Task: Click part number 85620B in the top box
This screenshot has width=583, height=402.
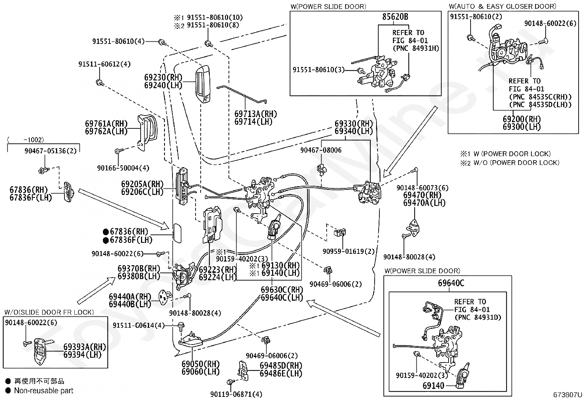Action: [395, 16]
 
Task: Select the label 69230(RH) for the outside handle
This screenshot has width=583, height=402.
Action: [163, 77]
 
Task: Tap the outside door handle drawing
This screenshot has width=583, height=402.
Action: [203, 84]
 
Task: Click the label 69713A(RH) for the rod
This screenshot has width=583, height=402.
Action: [256, 114]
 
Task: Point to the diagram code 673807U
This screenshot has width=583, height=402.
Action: [567, 395]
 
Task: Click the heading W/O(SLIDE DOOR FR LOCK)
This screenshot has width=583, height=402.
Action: [49, 312]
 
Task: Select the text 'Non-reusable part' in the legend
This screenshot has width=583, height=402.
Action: [44, 391]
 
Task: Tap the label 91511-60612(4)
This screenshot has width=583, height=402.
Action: [104, 64]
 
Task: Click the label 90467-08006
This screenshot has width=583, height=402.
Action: [321, 150]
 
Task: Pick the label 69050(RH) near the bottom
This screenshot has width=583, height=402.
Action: [201, 364]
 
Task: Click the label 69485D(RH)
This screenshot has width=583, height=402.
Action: [281, 365]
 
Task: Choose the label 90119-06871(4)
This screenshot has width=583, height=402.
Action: [236, 394]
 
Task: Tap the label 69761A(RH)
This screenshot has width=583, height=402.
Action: [106, 124]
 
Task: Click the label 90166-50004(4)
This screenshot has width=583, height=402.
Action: [123, 168]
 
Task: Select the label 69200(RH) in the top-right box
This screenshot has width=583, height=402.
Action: [522, 119]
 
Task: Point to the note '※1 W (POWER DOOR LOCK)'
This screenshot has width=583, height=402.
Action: [505, 154]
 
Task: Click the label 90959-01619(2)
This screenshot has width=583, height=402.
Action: [349, 251]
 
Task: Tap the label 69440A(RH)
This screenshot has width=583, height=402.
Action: [130, 296]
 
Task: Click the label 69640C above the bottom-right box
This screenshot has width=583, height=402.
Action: [451, 283]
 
